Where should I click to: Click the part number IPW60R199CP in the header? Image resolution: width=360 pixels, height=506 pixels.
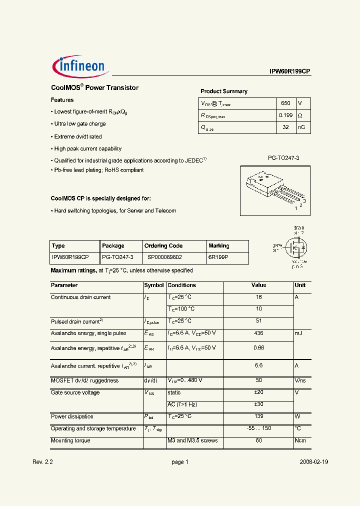click(x=290, y=71)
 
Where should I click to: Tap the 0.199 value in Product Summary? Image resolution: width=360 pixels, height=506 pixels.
click(x=285, y=115)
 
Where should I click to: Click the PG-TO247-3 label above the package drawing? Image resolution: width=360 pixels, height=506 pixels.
click(x=283, y=157)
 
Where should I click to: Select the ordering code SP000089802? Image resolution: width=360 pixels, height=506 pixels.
click(x=164, y=257)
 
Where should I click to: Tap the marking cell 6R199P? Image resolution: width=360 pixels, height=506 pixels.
click(x=218, y=257)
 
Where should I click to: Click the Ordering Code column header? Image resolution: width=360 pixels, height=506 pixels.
click(x=163, y=245)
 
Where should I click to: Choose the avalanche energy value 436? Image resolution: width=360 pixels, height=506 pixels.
click(x=258, y=333)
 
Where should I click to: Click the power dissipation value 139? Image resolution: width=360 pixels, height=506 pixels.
click(x=258, y=416)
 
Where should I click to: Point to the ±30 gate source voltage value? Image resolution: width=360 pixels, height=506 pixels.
click(x=258, y=404)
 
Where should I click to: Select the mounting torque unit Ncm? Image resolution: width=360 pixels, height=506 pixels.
click(x=300, y=440)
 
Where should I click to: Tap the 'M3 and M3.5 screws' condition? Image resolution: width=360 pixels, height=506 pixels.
click(x=193, y=440)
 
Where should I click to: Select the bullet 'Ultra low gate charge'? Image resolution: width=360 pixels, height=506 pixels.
click(x=79, y=124)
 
